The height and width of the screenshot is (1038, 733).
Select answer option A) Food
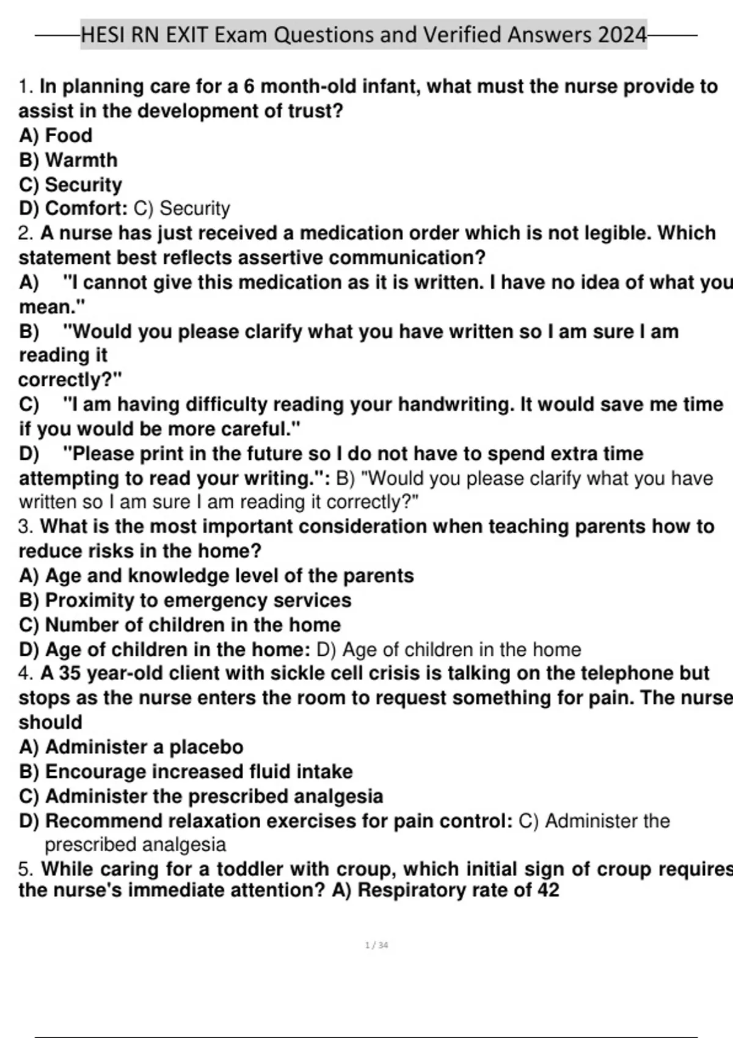(56, 136)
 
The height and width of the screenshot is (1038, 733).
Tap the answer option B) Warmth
(68, 160)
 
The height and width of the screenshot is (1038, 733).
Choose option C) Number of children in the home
(180, 625)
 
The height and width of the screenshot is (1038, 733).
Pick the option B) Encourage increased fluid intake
(186, 772)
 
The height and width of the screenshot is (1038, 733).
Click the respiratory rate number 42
(548, 890)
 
